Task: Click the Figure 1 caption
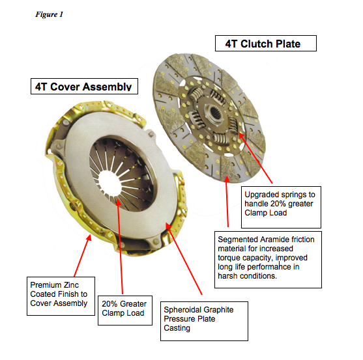tap(49, 14)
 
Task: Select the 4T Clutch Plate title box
tap(266, 43)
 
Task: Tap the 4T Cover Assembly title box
tap(84, 86)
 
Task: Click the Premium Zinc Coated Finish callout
tap(61, 296)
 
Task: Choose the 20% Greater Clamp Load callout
tap(125, 311)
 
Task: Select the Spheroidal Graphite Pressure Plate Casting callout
tap(204, 321)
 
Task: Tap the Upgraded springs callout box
tap(281, 207)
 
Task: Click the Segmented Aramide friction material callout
tap(268, 260)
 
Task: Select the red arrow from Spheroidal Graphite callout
tap(184, 258)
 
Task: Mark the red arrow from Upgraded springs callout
tap(255, 158)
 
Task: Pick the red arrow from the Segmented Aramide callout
tap(227, 201)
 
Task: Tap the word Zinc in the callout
tap(71, 285)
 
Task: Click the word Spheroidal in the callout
tap(181, 310)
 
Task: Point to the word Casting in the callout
tap(177, 328)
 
